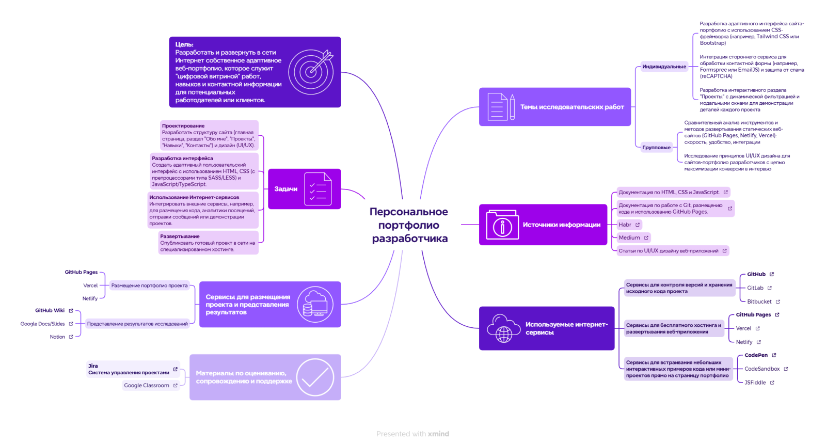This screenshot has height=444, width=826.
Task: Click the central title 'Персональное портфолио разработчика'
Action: click(x=409, y=225)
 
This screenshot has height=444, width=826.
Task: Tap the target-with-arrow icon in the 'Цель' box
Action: click(x=311, y=71)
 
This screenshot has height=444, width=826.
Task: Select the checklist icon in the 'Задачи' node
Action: click(x=317, y=189)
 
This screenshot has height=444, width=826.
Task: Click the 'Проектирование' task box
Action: click(x=209, y=136)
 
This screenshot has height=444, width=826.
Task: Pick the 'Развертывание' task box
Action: click(x=208, y=243)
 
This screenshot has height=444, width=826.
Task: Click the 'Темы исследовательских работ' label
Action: click(x=572, y=107)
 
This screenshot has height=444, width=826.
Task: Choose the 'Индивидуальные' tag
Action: click(x=664, y=67)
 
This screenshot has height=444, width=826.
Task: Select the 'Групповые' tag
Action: click(x=657, y=148)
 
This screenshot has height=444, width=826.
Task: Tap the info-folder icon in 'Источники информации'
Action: click(x=502, y=225)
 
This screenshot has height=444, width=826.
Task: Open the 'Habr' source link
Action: click(x=625, y=225)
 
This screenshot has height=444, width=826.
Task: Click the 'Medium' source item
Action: click(x=630, y=237)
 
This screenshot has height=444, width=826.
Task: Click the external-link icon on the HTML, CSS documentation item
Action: click(x=725, y=192)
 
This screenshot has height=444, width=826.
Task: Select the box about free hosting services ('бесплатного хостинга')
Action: click(x=674, y=328)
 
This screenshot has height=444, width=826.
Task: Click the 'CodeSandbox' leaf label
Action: click(x=762, y=369)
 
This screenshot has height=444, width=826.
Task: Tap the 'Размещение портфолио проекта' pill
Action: click(x=149, y=286)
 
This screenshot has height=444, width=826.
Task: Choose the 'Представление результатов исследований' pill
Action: click(x=137, y=324)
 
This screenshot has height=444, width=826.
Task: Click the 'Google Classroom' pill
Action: click(x=147, y=385)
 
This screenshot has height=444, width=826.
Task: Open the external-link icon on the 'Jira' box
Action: click(x=176, y=369)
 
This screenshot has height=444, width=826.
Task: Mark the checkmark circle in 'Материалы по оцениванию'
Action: click(x=315, y=377)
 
